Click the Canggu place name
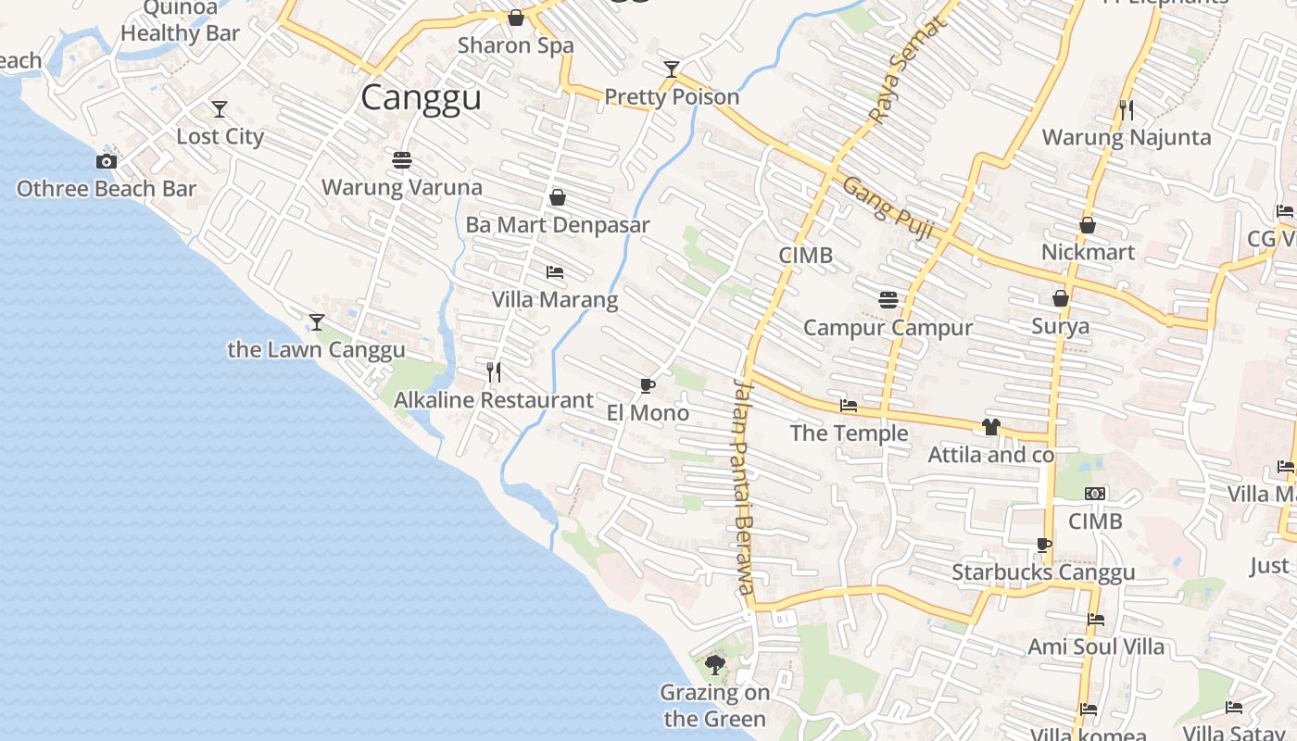[x=421, y=97]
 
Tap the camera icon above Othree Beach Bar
[x=107, y=162]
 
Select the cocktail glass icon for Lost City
[x=220, y=109]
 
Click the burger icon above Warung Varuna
[x=402, y=160]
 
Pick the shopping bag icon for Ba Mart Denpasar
[x=558, y=197]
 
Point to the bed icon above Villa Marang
[x=555, y=272]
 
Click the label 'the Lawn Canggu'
[x=316, y=349]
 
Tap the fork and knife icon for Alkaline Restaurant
[x=494, y=372]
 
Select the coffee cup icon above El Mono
[x=648, y=385]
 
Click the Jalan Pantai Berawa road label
[x=744, y=486]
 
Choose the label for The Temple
[x=849, y=433]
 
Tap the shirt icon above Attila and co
[x=991, y=427]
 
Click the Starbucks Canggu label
[x=1043, y=571]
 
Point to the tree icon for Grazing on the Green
[x=714, y=664]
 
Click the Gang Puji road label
[x=887, y=207]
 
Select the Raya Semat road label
[x=905, y=70]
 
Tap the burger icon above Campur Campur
[x=888, y=299]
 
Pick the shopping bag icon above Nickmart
[x=1088, y=225]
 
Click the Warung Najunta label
[x=1126, y=137]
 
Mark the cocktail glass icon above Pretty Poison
[x=672, y=69]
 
